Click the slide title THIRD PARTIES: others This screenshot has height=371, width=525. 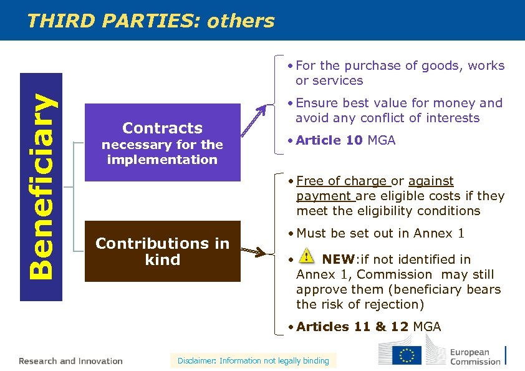pyautogui.click(x=151, y=21)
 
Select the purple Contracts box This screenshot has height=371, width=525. pyautogui.click(x=162, y=142)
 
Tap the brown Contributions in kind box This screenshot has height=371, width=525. pyautogui.click(x=162, y=251)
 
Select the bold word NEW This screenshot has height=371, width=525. pyautogui.click(x=337, y=259)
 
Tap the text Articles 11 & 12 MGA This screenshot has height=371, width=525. pyautogui.click(x=368, y=327)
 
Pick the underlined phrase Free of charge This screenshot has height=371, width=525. pyautogui.click(x=342, y=181)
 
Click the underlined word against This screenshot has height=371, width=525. pyautogui.click(x=431, y=181)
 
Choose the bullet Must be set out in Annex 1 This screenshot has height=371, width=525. pyautogui.click(x=380, y=233)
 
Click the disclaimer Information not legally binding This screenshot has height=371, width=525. pyautogui.click(x=253, y=360)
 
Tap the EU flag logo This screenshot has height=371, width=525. pyautogui.click(x=407, y=355)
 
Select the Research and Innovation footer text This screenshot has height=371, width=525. pyautogui.click(x=70, y=361)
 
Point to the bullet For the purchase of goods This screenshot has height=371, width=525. pyautogui.click(x=400, y=65)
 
